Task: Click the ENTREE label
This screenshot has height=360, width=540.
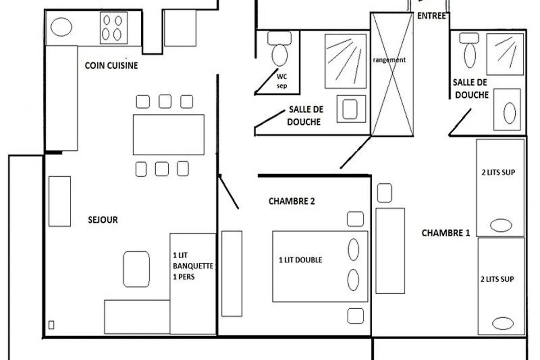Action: point(432,16)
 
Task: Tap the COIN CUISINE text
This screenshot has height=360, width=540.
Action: point(112,66)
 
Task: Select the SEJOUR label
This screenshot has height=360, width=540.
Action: point(103,220)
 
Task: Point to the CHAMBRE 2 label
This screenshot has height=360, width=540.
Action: point(292,201)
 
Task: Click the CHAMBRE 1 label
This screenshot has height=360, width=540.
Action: point(446,233)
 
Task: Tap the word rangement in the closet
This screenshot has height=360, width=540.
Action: point(389,60)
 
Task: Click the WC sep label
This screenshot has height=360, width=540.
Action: point(282,81)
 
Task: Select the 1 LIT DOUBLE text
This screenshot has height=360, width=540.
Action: point(301,260)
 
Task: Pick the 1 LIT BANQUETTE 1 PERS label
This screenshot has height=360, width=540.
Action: point(193,266)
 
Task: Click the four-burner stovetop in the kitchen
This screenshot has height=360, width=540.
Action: point(113,28)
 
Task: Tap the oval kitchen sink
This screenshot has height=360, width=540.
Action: point(61,27)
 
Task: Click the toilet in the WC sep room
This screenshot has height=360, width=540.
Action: point(279,49)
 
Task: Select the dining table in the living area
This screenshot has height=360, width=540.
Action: point(168,135)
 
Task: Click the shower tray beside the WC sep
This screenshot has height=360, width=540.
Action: point(346,61)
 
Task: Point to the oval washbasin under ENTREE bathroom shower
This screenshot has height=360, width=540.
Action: point(509,113)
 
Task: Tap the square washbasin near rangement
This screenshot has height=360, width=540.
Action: point(351,109)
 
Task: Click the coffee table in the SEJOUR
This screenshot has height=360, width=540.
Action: point(136,269)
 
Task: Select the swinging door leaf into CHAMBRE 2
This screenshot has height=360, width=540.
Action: point(229,192)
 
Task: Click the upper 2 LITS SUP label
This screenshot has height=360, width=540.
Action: point(498,172)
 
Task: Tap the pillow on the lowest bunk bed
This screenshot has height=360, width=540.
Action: point(503,324)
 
